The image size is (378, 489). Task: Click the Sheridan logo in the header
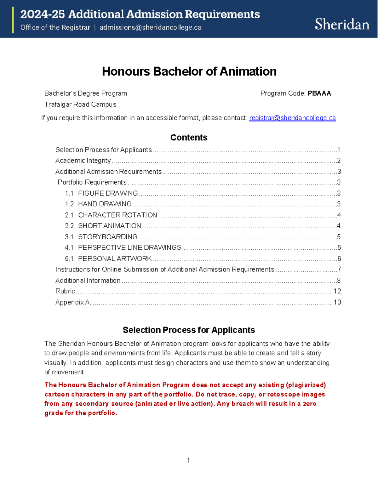point(342,24)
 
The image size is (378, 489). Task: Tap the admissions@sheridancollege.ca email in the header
point(150,28)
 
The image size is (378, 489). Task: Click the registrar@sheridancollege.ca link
point(292,118)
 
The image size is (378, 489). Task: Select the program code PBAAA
point(319,93)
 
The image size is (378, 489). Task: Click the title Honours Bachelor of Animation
point(189,71)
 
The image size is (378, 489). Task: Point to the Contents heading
point(189,138)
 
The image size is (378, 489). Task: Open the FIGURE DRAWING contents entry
point(108,193)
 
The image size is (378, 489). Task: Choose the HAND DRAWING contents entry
point(105,204)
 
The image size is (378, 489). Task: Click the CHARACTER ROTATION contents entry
point(117,215)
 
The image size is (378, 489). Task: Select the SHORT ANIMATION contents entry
point(109,226)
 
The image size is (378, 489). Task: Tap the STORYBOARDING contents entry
point(107,237)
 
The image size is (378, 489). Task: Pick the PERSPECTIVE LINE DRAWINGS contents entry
point(129,247)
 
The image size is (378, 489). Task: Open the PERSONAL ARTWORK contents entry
point(115,259)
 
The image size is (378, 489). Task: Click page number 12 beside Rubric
point(337,291)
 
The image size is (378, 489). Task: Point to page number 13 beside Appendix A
point(337,302)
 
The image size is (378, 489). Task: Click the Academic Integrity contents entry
point(83,161)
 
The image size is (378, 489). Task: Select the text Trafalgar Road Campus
point(80,105)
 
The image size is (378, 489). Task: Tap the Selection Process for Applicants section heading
point(189,330)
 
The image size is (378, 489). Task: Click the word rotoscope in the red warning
point(283,394)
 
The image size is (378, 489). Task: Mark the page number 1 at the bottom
point(188,461)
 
